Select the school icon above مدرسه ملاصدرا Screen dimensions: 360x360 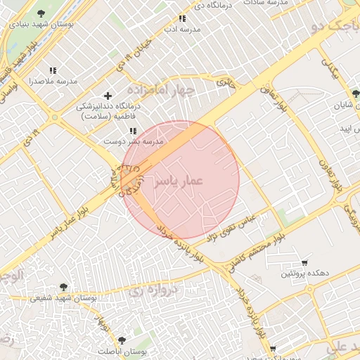[53, 71]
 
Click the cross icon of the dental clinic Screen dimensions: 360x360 [107, 96]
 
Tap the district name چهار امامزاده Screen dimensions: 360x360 [160, 90]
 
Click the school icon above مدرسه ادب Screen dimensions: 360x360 [183, 19]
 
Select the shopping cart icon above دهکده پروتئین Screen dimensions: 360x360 [304, 262]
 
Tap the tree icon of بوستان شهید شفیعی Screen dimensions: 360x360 [64, 287]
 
